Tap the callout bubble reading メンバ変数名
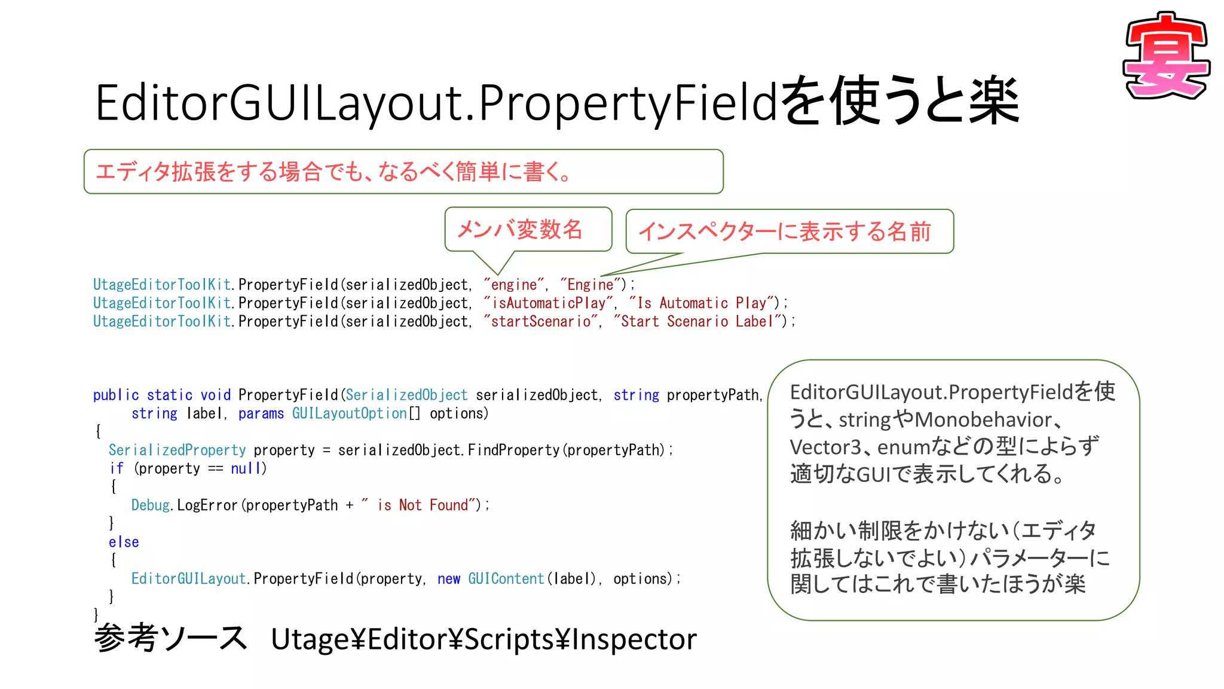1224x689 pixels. tap(520, 229)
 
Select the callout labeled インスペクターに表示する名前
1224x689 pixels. tap(785, 231)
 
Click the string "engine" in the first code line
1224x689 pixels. tap(514, 285)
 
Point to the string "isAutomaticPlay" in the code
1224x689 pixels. tap(549, 303)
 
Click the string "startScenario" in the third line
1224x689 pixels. tap(542, 322)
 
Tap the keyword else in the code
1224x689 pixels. tap(124, 542)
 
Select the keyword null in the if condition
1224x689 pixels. tap(246, 468)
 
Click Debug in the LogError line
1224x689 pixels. tap(150, 505)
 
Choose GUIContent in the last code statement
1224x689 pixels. tap(506, 579)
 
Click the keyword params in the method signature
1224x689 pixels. tap(261, 413)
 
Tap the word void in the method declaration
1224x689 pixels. tap(215, 395)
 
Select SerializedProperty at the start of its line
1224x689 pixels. tap(177, 450)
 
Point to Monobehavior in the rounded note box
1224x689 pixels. tap(983, 419)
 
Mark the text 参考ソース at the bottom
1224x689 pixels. tap(170, 638)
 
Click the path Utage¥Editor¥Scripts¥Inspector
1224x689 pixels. tap(484, 639)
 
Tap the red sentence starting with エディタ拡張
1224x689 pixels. tap(333, 172)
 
